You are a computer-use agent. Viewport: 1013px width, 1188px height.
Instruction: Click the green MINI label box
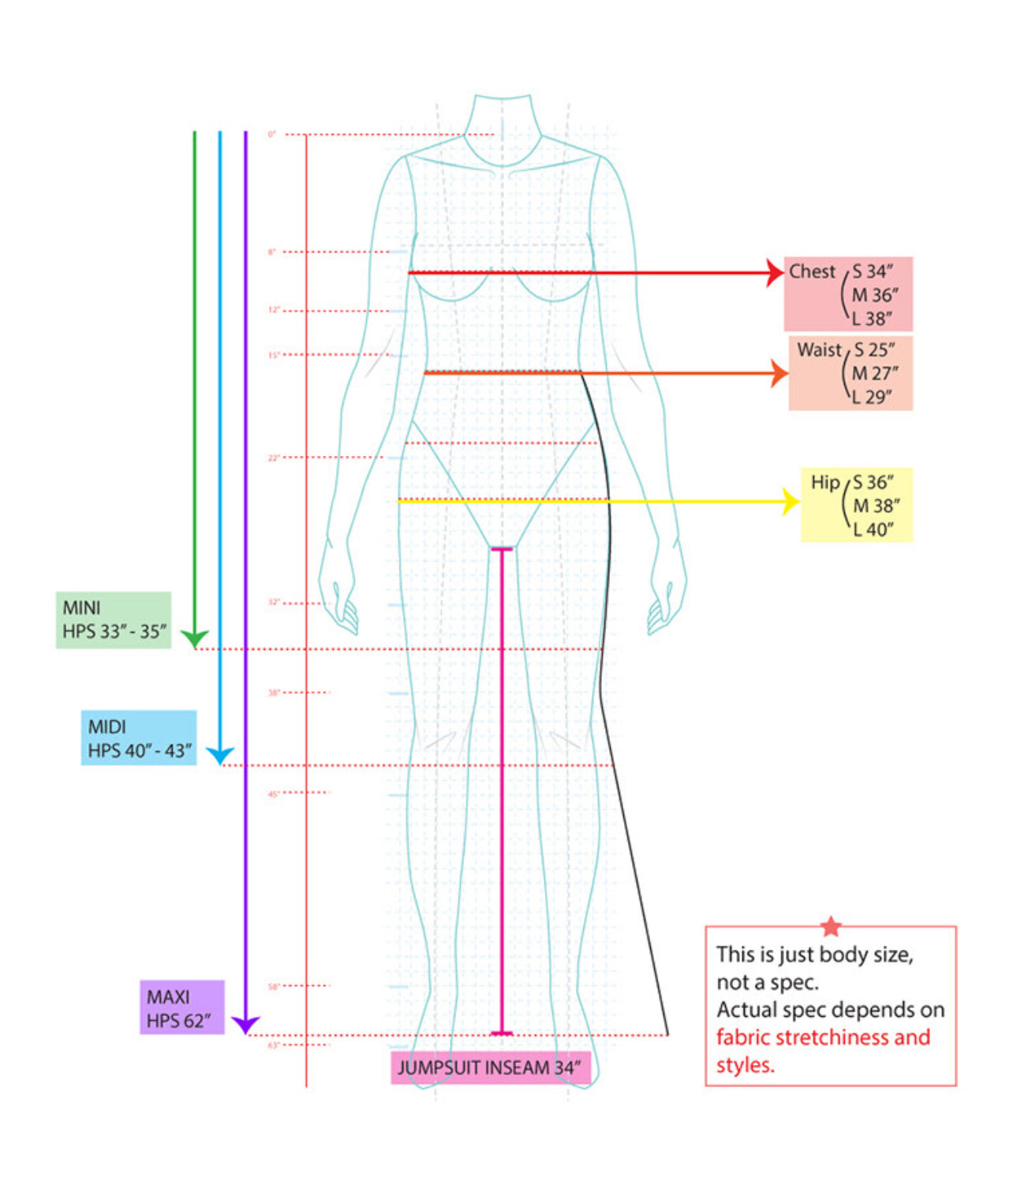114,620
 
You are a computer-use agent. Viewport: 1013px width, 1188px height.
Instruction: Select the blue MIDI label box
139,738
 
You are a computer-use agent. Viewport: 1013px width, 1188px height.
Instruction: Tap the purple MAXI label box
182,1007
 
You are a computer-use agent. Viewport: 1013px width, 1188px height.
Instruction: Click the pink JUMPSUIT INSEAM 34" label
490,1067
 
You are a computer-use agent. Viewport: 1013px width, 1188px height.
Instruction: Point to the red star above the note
831,926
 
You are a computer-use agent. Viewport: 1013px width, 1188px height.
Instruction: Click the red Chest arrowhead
775,273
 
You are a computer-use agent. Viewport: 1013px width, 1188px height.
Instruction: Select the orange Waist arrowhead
779,373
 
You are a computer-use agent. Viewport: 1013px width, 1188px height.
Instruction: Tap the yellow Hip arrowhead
791,501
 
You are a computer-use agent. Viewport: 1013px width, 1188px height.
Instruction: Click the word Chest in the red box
812,271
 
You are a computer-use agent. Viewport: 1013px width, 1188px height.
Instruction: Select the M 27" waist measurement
876,373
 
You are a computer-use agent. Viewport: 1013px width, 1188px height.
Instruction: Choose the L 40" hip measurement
873,529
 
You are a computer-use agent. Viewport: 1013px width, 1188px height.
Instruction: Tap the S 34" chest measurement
873,271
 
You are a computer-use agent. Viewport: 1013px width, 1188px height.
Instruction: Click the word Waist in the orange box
820,349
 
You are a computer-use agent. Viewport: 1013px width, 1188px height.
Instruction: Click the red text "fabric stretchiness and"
823,1037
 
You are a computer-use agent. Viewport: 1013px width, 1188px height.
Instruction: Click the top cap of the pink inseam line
502,548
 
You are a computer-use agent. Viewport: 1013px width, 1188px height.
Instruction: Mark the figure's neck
503,118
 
